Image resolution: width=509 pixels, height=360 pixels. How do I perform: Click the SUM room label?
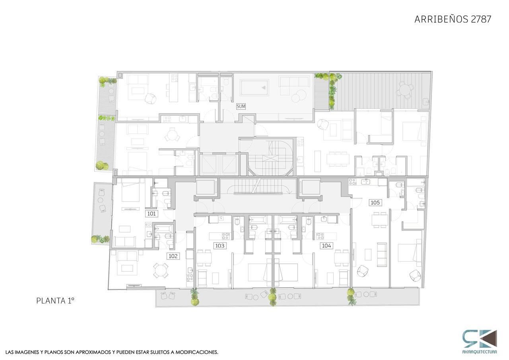[x=241, y=106]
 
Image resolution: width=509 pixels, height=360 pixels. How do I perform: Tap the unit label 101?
[x=152, y=214]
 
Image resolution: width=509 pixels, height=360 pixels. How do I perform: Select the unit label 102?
[x=173, y=256]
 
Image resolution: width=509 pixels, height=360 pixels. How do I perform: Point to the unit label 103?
[x=220, y=246]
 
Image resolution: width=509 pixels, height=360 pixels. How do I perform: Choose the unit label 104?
[x=326, y=245]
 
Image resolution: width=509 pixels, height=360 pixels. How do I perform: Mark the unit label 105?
[x=375, y=202]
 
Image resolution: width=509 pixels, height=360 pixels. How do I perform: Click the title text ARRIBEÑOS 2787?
[x=453, y=19]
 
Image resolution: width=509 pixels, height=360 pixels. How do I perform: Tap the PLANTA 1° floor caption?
[x=55, y=301]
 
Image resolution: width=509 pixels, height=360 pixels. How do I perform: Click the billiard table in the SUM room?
[x=254, y=88]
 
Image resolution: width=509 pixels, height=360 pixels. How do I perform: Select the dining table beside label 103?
[x=204, y=258]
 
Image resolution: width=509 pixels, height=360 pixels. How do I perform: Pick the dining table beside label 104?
[x=342, y=258]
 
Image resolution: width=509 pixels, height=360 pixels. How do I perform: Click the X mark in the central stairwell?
[x=270, y=158]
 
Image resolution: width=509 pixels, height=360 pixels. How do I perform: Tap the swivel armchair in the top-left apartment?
[x=150, y=99]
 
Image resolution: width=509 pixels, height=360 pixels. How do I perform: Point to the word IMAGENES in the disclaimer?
[x=28, y=352]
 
